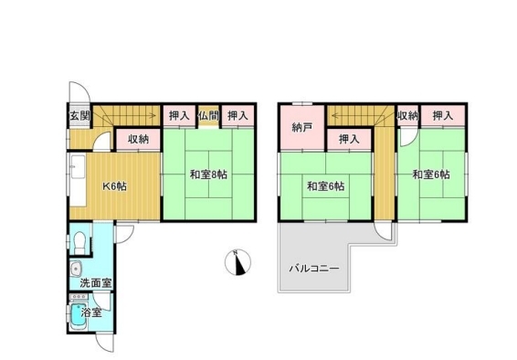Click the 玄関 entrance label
(x=79, y=116)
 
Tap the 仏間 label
(x=207, y=116)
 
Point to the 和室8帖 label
(x=208, y=174)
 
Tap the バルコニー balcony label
(x=315, y=269)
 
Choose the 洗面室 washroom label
(x=95, y=283)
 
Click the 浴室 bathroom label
(x=91, y=312)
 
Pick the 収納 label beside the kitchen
(x=138, y=139)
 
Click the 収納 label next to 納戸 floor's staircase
(x=407, y=116)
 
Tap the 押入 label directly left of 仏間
(x=179, y=116)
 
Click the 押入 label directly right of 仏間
(x=237, y=116)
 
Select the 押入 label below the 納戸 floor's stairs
(x=348, y=139)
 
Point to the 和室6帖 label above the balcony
(x=325, y=186)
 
